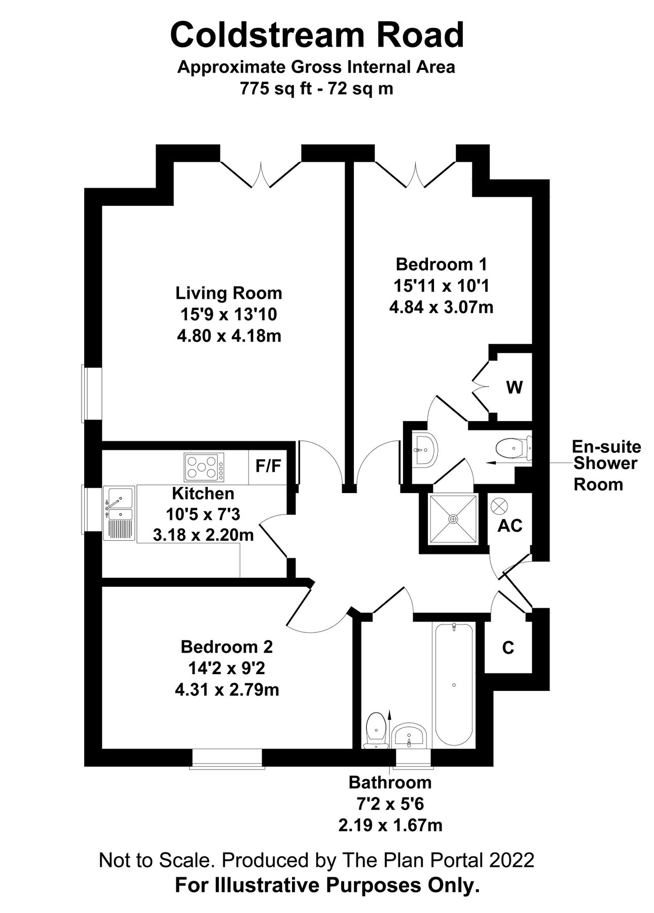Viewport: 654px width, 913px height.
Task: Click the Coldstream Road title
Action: tap(317, 34)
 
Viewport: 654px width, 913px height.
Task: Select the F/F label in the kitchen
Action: tap(268, 466)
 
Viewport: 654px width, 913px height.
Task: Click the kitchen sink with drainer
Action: tap(119, 513)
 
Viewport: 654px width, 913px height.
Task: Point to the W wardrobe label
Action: tap(514, 388)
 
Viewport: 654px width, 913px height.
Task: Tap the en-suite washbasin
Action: tap(424, 449)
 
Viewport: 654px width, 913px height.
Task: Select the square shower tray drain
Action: tap(453, 519)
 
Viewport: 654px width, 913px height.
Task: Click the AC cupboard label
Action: tap(510, 526)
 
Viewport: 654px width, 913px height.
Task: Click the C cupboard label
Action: tap(507, 648)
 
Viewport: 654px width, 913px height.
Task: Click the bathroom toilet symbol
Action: tap(376, 728)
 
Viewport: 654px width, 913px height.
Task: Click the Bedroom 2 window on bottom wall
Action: tap(227, 758)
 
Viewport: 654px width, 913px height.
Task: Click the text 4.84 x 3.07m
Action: tap(441, 307)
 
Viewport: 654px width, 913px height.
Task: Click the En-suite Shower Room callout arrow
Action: tap(507, 463)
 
